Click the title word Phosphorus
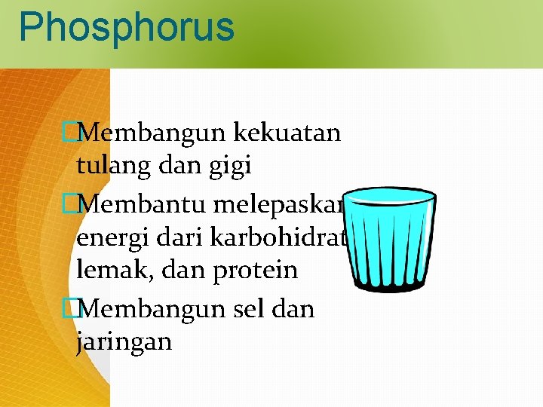(x=127, y=26)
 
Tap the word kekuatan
(x=288, y=133)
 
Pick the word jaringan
(x=124, y=342)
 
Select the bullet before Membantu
(x=70, y=202)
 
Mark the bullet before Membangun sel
(x=70, y=309)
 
